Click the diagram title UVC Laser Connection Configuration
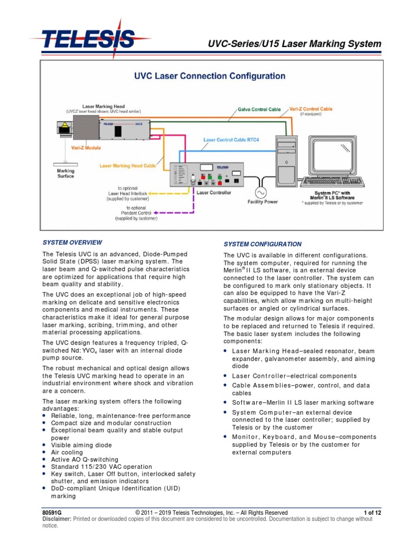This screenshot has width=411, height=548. [x=209, y=76]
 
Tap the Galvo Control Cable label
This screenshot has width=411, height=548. [x=259, y=109]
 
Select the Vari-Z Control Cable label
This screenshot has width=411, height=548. [x=310, y=109]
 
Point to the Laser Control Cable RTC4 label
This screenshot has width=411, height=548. [x=231, y=140]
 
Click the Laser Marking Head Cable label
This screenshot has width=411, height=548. [x=127, y=166]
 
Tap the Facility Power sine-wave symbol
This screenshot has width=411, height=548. [x=263, y=192]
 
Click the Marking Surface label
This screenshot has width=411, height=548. [x=66, y=173]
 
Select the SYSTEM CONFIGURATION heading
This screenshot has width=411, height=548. [x=262, y=244]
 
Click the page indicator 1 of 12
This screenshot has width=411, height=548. [x=372, y=512]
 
